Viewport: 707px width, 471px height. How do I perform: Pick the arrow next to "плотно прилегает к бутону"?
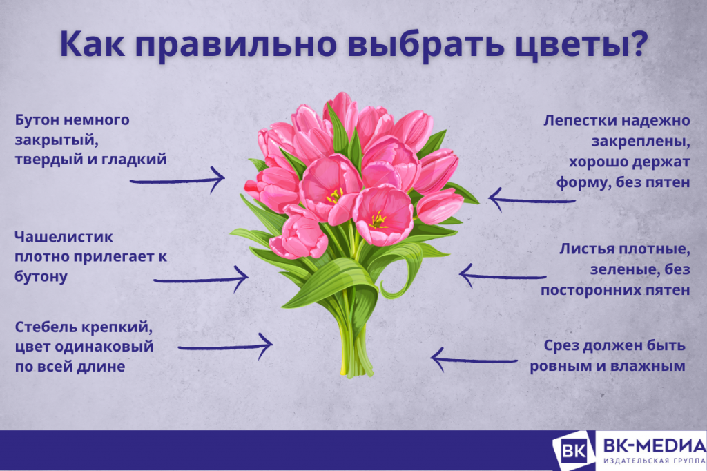200,279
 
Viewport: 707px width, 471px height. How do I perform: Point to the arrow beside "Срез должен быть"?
474,358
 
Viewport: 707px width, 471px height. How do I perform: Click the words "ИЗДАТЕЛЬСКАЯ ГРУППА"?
654,461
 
